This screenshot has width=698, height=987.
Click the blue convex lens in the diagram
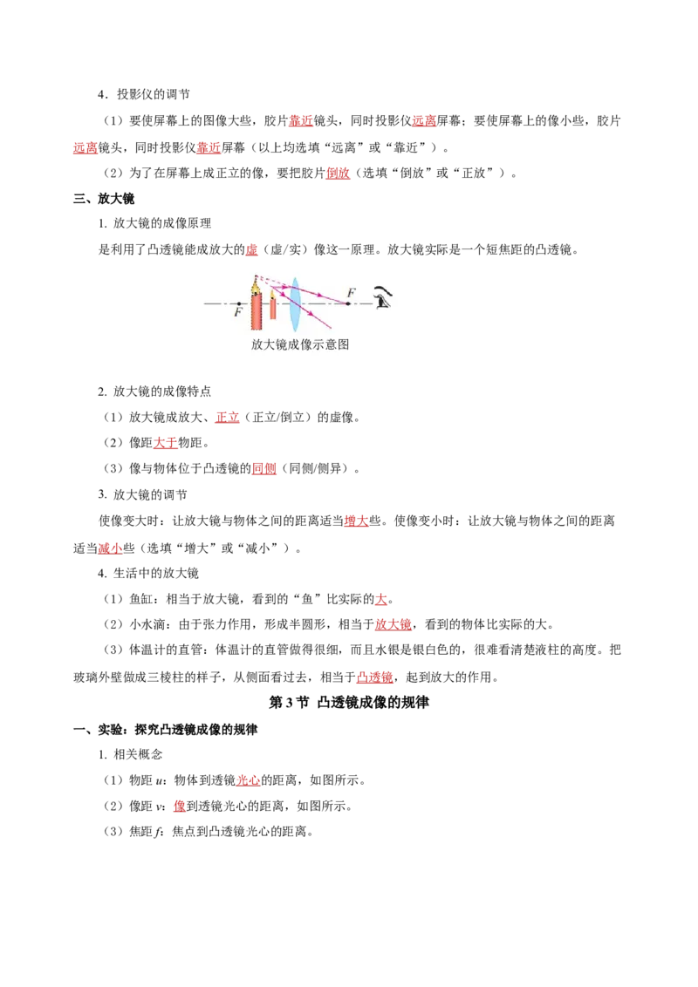click(x=294, y=304)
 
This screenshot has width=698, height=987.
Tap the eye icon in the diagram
click(x=382, y=296)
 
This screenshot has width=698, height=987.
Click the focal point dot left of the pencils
click(x=238, y=303)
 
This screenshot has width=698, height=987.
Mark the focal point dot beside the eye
click(x=348, y=303)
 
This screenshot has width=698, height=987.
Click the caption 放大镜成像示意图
click(x=300, y=344)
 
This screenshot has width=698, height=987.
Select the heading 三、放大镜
click(x=104, y=199)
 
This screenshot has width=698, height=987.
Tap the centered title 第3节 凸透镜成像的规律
click(x=349, y=703)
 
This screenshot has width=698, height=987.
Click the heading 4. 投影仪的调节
click(x=144, y=94)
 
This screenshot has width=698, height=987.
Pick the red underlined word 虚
click(x=251, y=249)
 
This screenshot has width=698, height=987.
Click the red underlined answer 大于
click(x=165, y=443)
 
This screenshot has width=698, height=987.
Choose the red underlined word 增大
click(x=356, y=521)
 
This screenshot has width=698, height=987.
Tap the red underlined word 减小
click(x=110, y=548)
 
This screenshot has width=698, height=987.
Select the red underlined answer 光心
click(x=248, y=779)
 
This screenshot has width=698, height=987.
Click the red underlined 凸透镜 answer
click(x=375, y=677)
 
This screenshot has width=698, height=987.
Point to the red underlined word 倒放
click(x=338, y=174)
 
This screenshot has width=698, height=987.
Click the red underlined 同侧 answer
click(x=264, y=468)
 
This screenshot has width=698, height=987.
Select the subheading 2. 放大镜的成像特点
click(x=154, y=391)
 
